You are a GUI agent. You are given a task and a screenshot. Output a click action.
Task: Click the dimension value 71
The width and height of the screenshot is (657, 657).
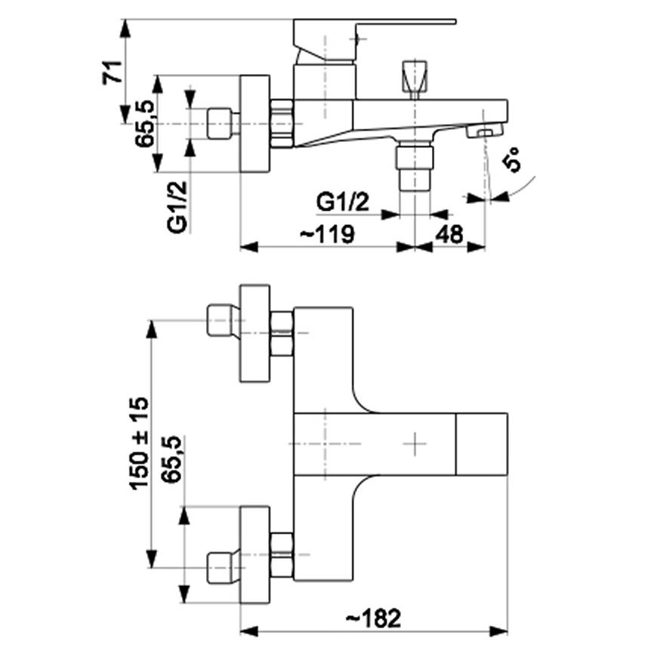click(x=113, y=72)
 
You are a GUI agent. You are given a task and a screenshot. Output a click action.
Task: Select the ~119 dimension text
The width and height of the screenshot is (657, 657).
click(x=327, y=234)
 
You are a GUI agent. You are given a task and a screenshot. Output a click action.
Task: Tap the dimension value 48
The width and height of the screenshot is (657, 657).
click(x=449, y=234)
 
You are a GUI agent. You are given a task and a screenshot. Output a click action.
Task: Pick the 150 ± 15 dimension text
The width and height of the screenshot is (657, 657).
click(x=140, y=443)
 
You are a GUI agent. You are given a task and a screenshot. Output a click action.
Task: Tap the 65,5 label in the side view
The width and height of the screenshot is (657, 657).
click(x=145, y=124)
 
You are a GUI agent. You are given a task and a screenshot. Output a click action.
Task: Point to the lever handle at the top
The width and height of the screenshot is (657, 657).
click(x=374, y=23)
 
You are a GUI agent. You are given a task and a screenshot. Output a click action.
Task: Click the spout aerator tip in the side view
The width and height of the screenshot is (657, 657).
click(x=483, y=133)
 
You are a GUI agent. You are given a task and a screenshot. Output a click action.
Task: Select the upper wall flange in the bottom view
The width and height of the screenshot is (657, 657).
click(x=254, y=333)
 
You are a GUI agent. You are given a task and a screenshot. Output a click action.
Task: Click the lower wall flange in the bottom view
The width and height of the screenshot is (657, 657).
click(x=254, y=555)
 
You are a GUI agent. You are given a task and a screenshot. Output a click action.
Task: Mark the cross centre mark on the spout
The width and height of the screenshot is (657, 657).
click(x=415, y=443)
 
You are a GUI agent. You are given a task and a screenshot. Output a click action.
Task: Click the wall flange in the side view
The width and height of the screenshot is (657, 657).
click(x=254, y=124)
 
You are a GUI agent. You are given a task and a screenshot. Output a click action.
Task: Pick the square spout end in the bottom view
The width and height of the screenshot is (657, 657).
click(x=480, y=443)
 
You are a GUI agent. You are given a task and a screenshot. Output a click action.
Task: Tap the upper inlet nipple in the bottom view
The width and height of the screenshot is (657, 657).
click(x=220, y=322)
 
